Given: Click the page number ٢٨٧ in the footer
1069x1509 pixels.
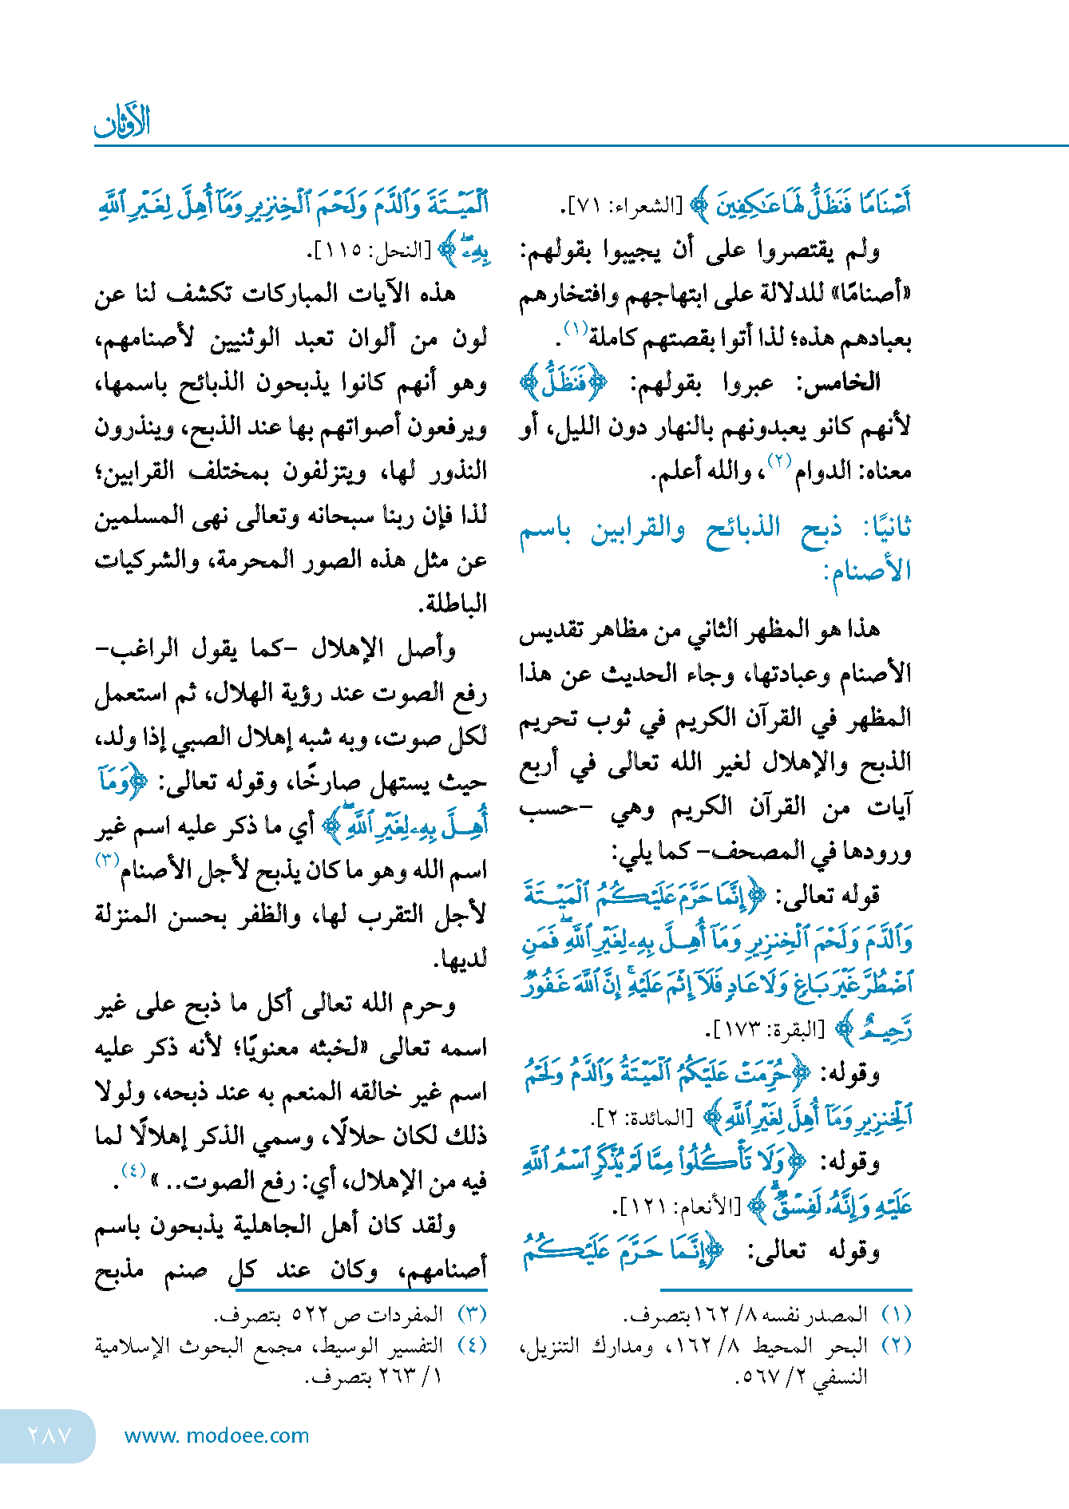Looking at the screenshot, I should [49, 1435].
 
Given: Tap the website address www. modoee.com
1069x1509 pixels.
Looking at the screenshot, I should [216, 1436].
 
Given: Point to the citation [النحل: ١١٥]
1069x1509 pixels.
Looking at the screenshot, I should [370, 251].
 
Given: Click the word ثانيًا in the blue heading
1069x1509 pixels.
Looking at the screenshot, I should [887, 529].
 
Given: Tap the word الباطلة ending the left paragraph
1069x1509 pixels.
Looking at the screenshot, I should [454, 604].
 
